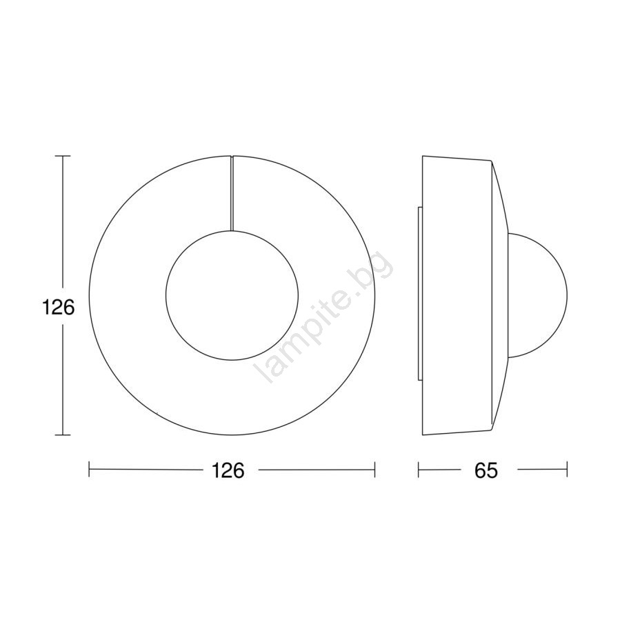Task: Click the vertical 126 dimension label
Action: pos(59,307)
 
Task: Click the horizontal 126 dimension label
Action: pos(228,470)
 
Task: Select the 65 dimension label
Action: pos(486,470)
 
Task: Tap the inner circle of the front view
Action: pos(232,231)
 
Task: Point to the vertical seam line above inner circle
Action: pos(232,193)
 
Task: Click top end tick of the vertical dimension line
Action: pos(63,156)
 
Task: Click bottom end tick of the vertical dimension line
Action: pos(63,435)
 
